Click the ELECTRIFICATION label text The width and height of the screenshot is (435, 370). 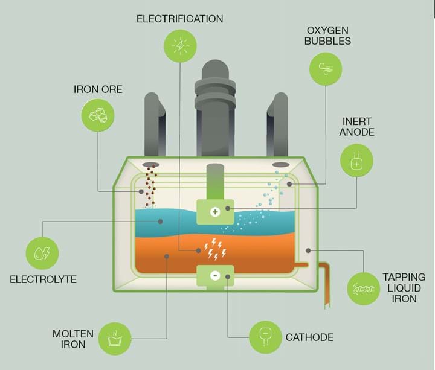tap(179, 19)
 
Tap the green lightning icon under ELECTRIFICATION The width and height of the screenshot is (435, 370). tap(180, 45)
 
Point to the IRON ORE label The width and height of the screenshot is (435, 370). tap(98, 89)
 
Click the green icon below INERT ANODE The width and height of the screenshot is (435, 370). tap(356, 160)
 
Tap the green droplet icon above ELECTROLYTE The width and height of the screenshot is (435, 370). tap(42, 254)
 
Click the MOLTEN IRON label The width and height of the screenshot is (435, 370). tap(73, 339)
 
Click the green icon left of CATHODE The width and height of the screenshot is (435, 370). tap(265, 336)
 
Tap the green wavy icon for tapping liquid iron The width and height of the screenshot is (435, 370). tap(364, 288)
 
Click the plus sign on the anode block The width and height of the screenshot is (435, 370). tap(215, 212)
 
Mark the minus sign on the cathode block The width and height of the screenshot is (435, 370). tap(215, 275)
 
